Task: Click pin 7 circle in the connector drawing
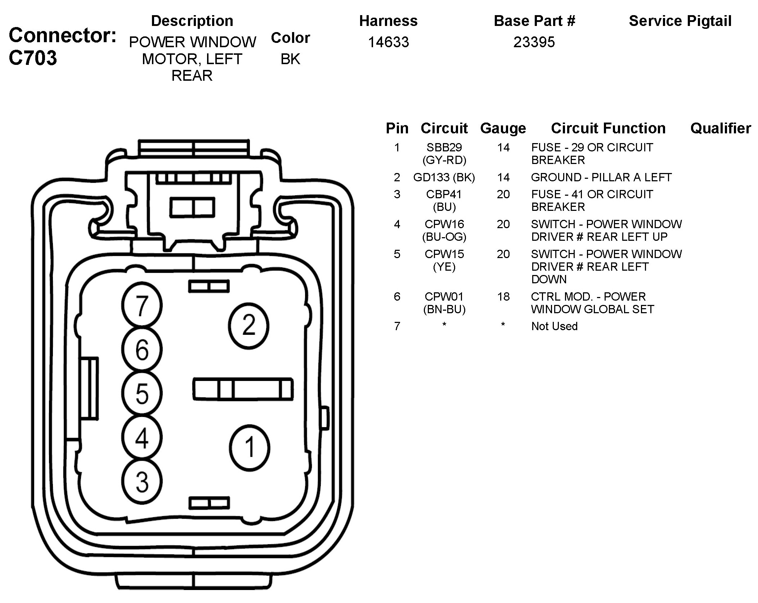coord(142,305)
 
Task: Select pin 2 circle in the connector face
coord(248,325)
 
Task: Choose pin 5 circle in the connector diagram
coord(142,394)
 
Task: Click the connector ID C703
coord(33,58)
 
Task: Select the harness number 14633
coord(388,42)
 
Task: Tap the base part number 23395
coord(534,42)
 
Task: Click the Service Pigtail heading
coord(680,21)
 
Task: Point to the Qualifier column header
coord(721,128)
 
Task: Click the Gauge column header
coord(503,128)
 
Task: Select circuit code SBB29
coord(444,147)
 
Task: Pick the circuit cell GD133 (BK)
coord(444,177)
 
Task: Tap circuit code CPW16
coord(444,224)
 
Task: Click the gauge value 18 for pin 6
coord(503,297)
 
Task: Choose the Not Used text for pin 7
coord(554,326)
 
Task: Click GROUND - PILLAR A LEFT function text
coord(601,177)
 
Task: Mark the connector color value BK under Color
coord(290,59)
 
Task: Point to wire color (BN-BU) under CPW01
coord(444,309)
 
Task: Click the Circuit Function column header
coord(608,128)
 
